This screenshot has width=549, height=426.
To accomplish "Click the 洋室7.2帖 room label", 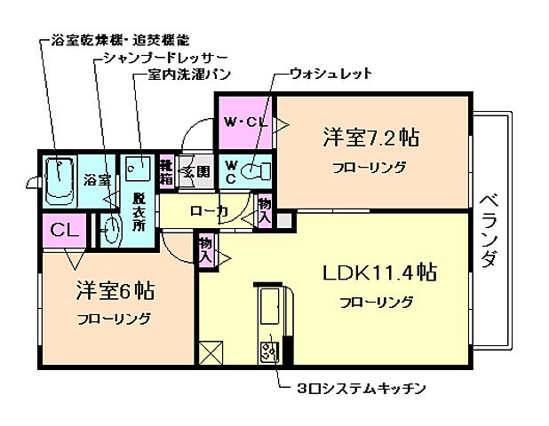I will [370, 139].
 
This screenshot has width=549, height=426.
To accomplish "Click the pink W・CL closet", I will [243, 122].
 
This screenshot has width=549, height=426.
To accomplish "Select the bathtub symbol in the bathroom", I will [60, 179].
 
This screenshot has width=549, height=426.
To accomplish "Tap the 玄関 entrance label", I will [195, 171].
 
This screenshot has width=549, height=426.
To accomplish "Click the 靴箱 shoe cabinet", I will [167, 170].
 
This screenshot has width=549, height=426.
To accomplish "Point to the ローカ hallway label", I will [209, 211].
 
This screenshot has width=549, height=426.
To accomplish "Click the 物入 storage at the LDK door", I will [205, 248].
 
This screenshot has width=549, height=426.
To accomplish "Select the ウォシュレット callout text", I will [330, 74].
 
